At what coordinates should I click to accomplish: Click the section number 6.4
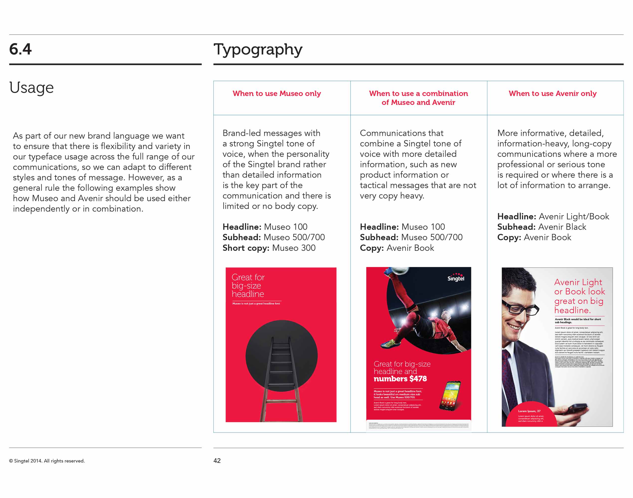pos(20,49)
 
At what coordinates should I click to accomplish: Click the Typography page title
pos(258,50)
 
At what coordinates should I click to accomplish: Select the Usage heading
pos(31,87)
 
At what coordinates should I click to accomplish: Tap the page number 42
pos(217,461)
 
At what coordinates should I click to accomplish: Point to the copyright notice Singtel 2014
pos(47,461)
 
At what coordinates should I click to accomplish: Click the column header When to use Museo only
pos(276,94)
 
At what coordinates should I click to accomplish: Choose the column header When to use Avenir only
pos(552,94)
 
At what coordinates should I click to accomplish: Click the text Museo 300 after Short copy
pos(294,248)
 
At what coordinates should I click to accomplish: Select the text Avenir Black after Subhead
pos(562,227)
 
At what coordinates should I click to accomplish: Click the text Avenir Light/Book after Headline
pos(574,217)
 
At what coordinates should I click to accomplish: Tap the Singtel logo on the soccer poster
pos(456,277)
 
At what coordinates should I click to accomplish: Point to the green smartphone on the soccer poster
pos(450,396)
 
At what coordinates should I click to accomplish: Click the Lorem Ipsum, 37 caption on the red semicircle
pos(529,411)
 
